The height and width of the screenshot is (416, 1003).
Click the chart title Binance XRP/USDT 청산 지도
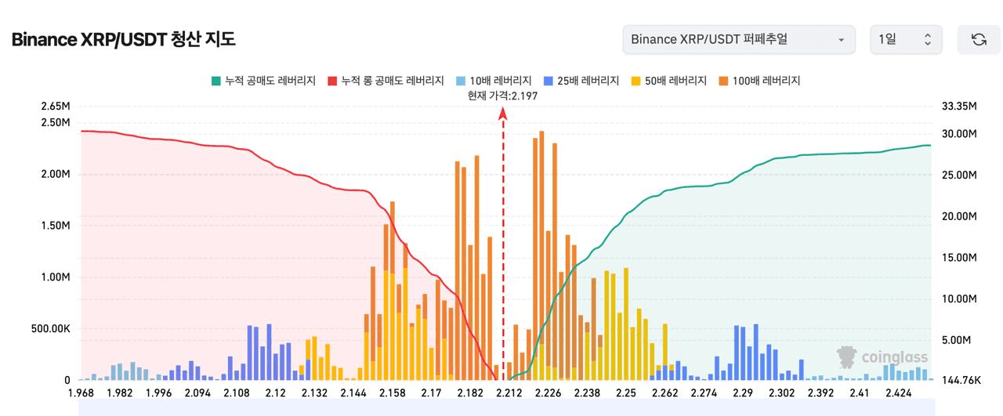[123, 39]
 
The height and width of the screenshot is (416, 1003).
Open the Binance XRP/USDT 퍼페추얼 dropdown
[738, 39]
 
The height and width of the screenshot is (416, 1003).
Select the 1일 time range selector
[906, 39]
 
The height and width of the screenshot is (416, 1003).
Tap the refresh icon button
[979, 39]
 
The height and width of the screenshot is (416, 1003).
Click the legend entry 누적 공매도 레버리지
[263, 81]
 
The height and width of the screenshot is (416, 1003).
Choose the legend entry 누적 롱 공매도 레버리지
[386, 81]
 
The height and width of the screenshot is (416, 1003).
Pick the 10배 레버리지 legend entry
[494, 81]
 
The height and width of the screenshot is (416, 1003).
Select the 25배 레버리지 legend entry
[581, 81]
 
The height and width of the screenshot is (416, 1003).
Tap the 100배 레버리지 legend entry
[759, 81]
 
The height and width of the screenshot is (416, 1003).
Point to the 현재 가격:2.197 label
[502, 96]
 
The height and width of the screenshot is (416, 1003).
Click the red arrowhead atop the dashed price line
[503, 114]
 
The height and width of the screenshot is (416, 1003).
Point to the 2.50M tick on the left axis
[55, 123]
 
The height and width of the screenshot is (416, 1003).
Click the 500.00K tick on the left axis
[51, 329]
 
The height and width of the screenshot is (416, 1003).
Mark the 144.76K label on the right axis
[960, 380]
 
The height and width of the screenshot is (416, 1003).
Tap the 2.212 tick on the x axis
[509, 393]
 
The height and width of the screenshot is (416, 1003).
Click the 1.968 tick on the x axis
[81, 393]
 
